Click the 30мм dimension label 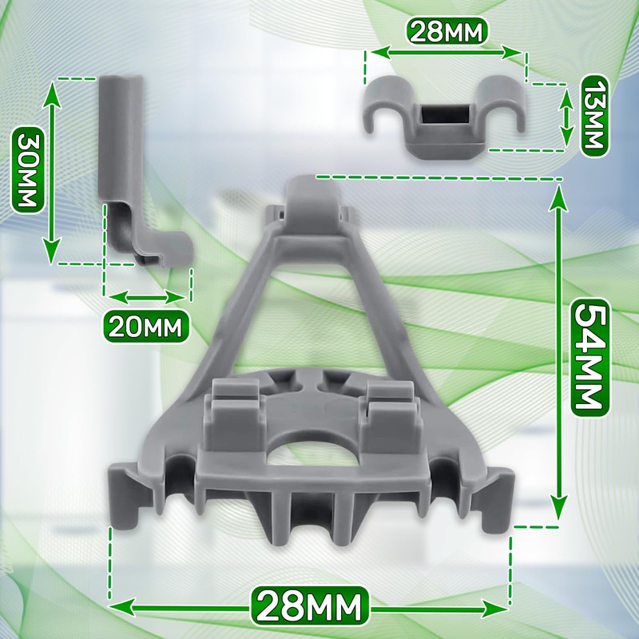point(28,169)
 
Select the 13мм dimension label point(593,116)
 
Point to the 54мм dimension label point(589,358)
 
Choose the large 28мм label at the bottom point(310,607)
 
